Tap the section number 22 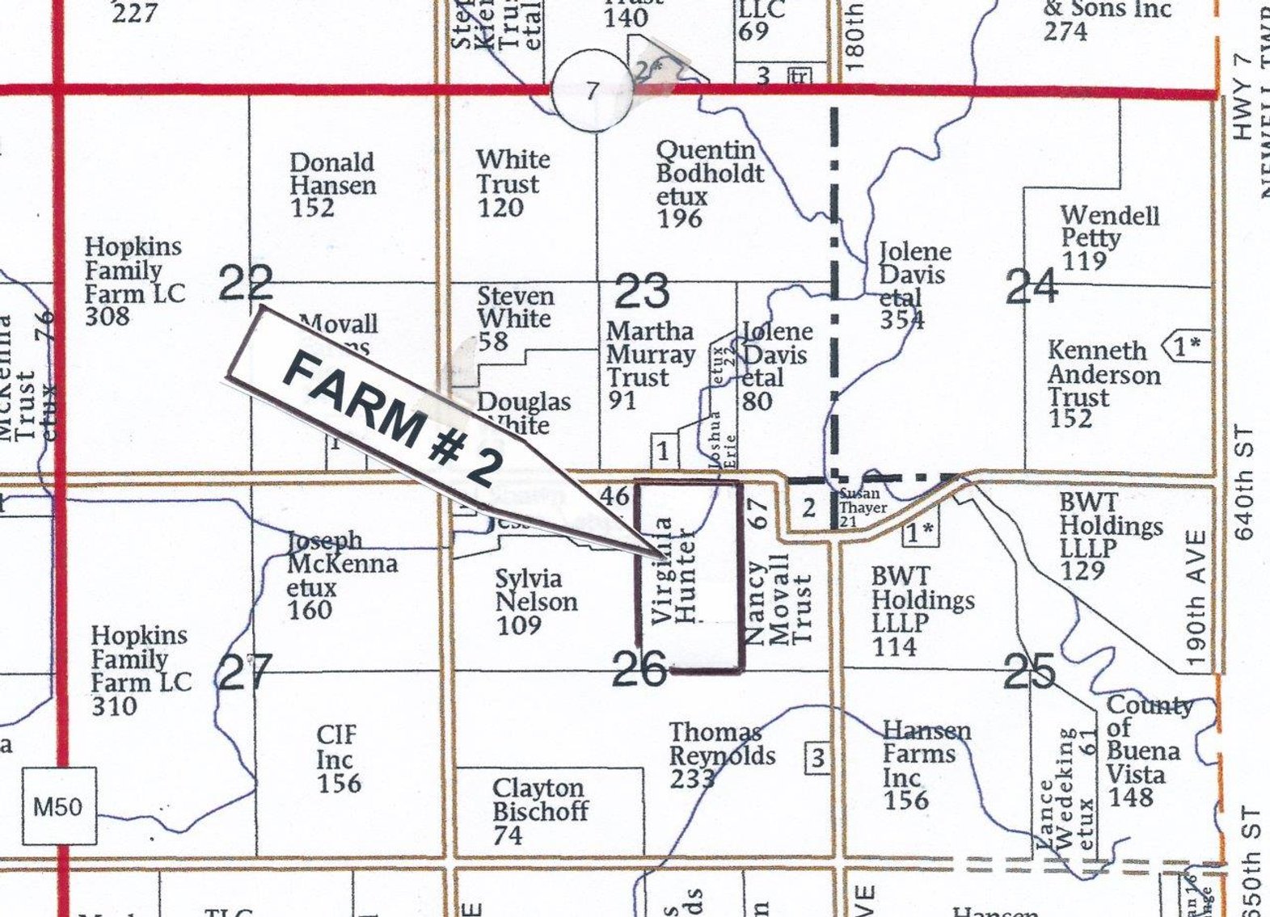click(x=246, y=284)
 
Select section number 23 click(x=642, y=292)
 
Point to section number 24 click(x=1032, y=286)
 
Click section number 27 click(x=245, y=672)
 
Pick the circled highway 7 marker click(x=593, y=91)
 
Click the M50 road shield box click(x=58, y=806)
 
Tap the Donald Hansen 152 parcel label click(x=332, y=185)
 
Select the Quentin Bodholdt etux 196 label click(x=708, y=183)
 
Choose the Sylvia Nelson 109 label click(x=535, y=601)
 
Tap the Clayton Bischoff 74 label click(x=539, y=811)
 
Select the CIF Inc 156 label click(x=338, y=759)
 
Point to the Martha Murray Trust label click(x=650, y=365)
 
